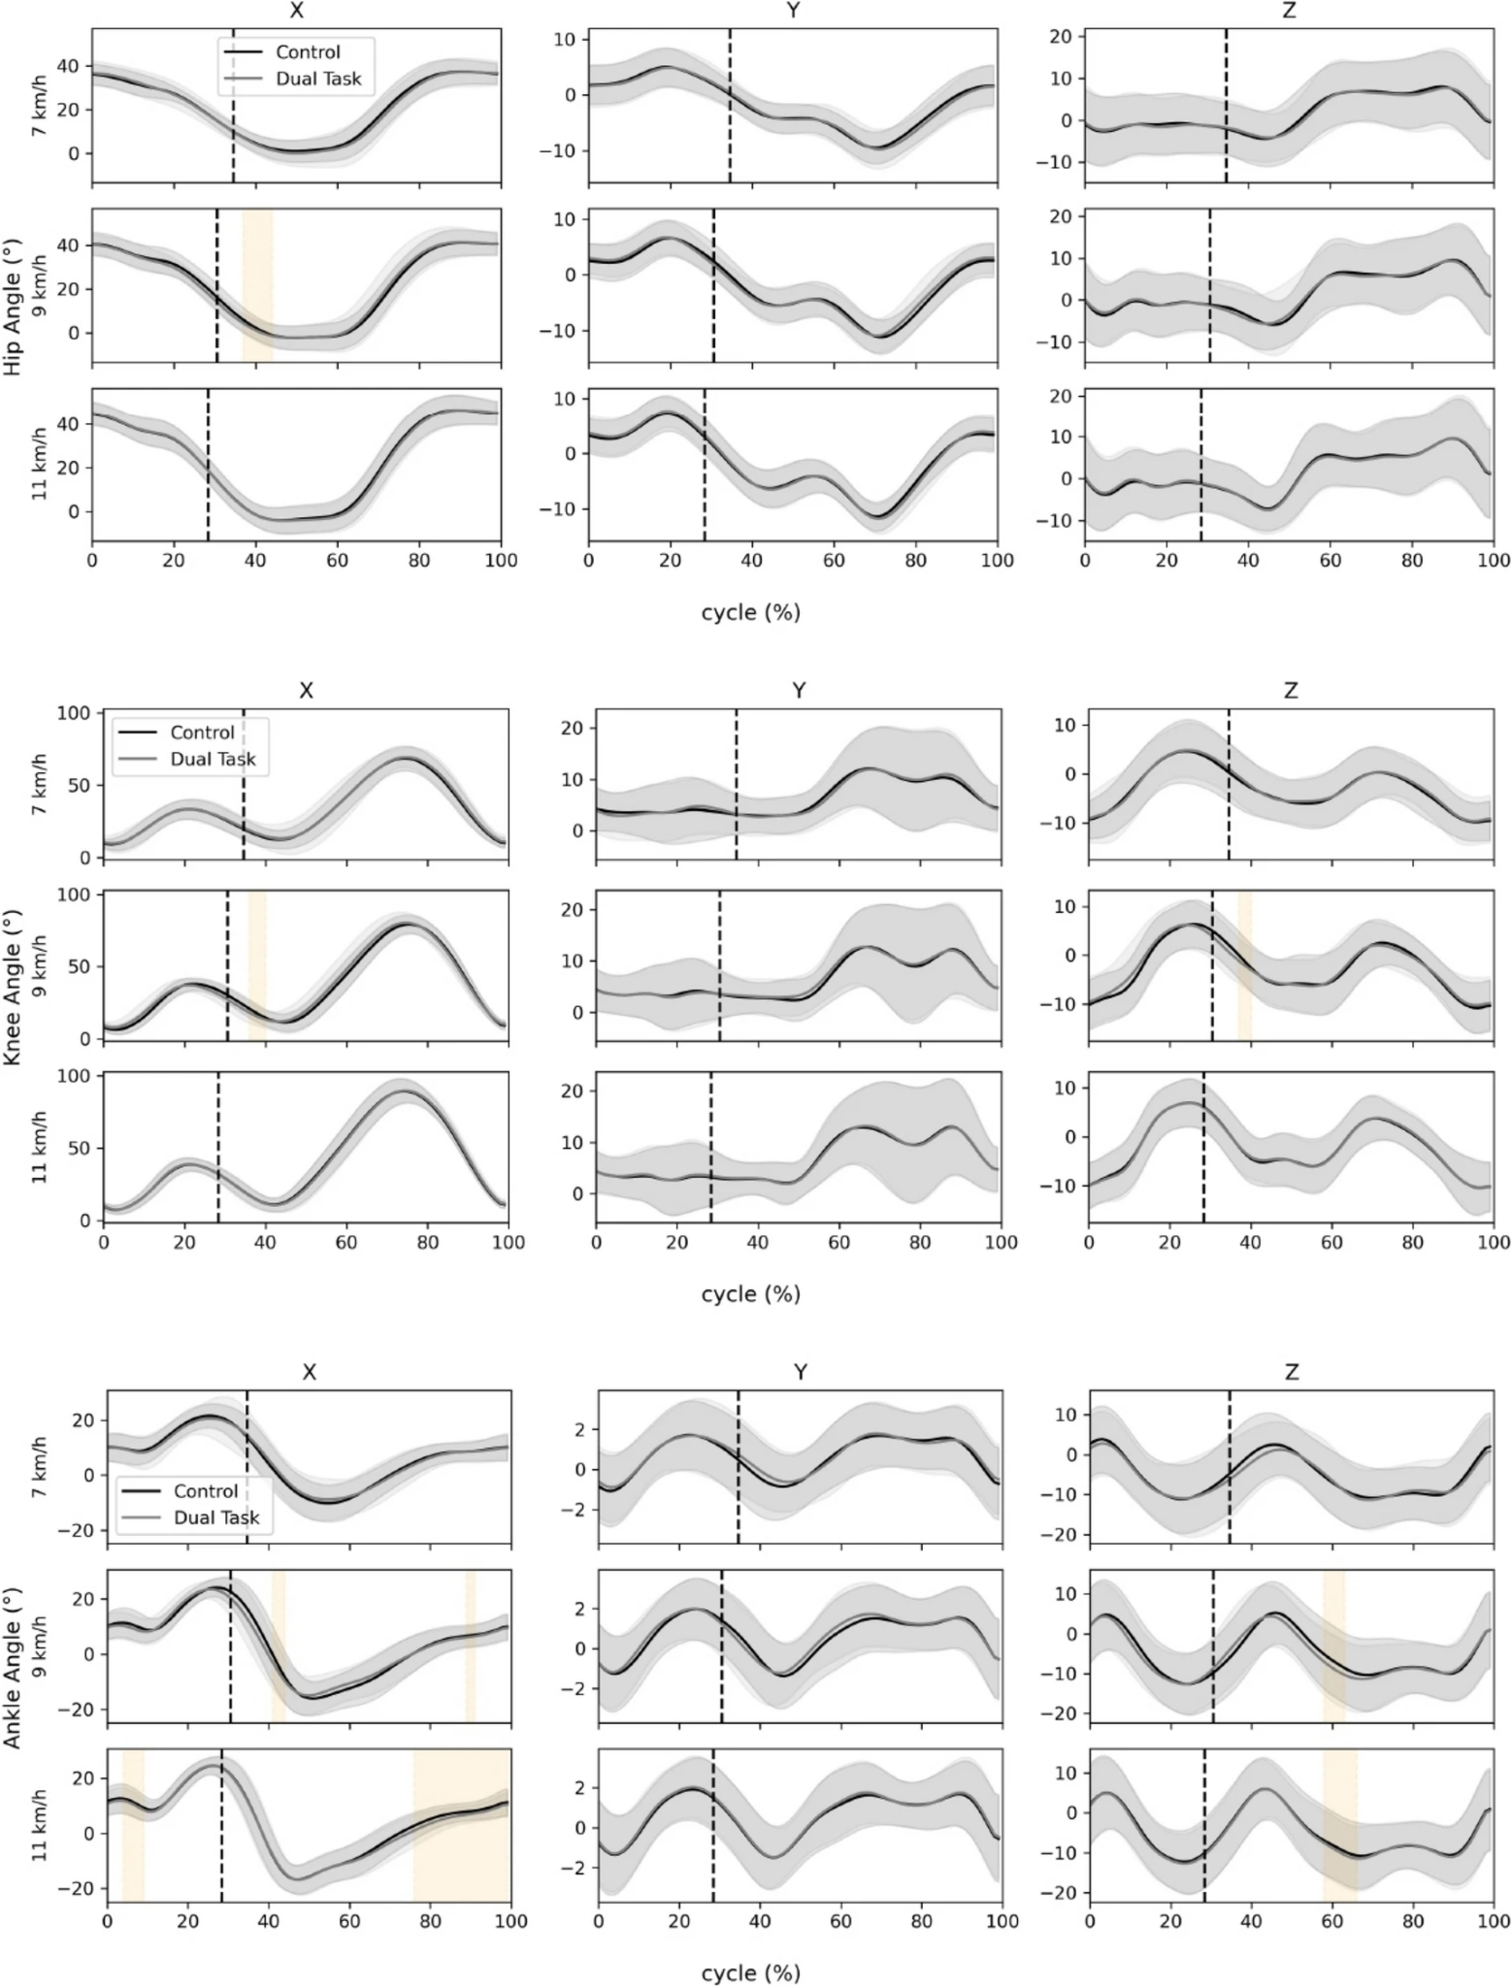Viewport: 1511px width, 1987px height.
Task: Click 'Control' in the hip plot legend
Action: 308,52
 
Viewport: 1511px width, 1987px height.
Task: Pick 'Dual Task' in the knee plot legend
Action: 213,759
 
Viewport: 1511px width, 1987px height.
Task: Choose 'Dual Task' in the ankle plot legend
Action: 216,1516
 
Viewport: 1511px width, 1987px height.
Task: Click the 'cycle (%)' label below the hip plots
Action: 750,613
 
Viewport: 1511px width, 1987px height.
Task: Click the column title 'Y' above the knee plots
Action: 798,691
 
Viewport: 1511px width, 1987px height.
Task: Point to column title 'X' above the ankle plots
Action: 309,1372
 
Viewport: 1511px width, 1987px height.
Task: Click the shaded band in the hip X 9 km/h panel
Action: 257,286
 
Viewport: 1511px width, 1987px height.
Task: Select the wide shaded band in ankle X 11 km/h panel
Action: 462,1825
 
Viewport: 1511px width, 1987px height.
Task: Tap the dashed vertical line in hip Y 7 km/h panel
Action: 730,105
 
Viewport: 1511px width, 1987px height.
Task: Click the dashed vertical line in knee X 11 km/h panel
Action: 218,1147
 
